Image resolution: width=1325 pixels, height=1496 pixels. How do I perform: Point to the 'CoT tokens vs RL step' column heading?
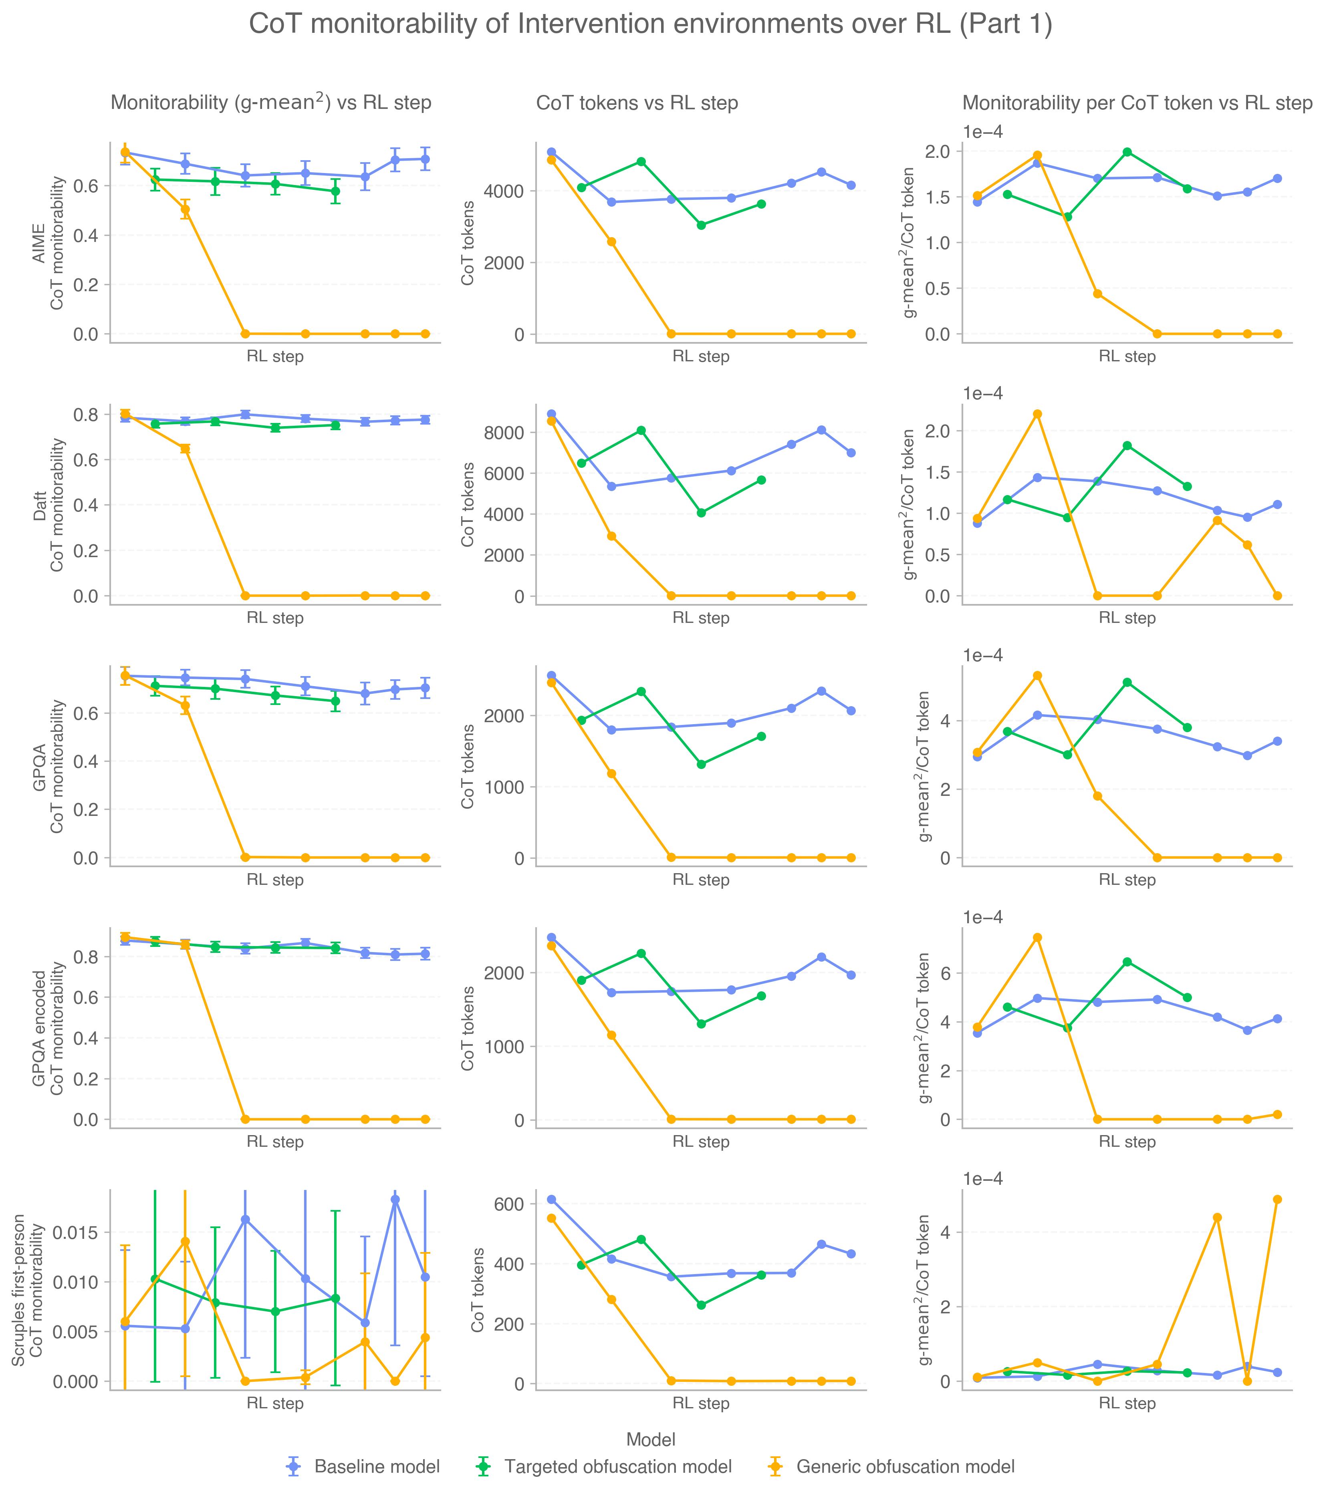[x=637, y=104]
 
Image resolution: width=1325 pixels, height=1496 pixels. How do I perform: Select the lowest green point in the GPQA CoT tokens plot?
[x=701, y=764]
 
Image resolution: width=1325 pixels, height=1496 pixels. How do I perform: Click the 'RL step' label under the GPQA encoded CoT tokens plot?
[x=701, y=1142]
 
